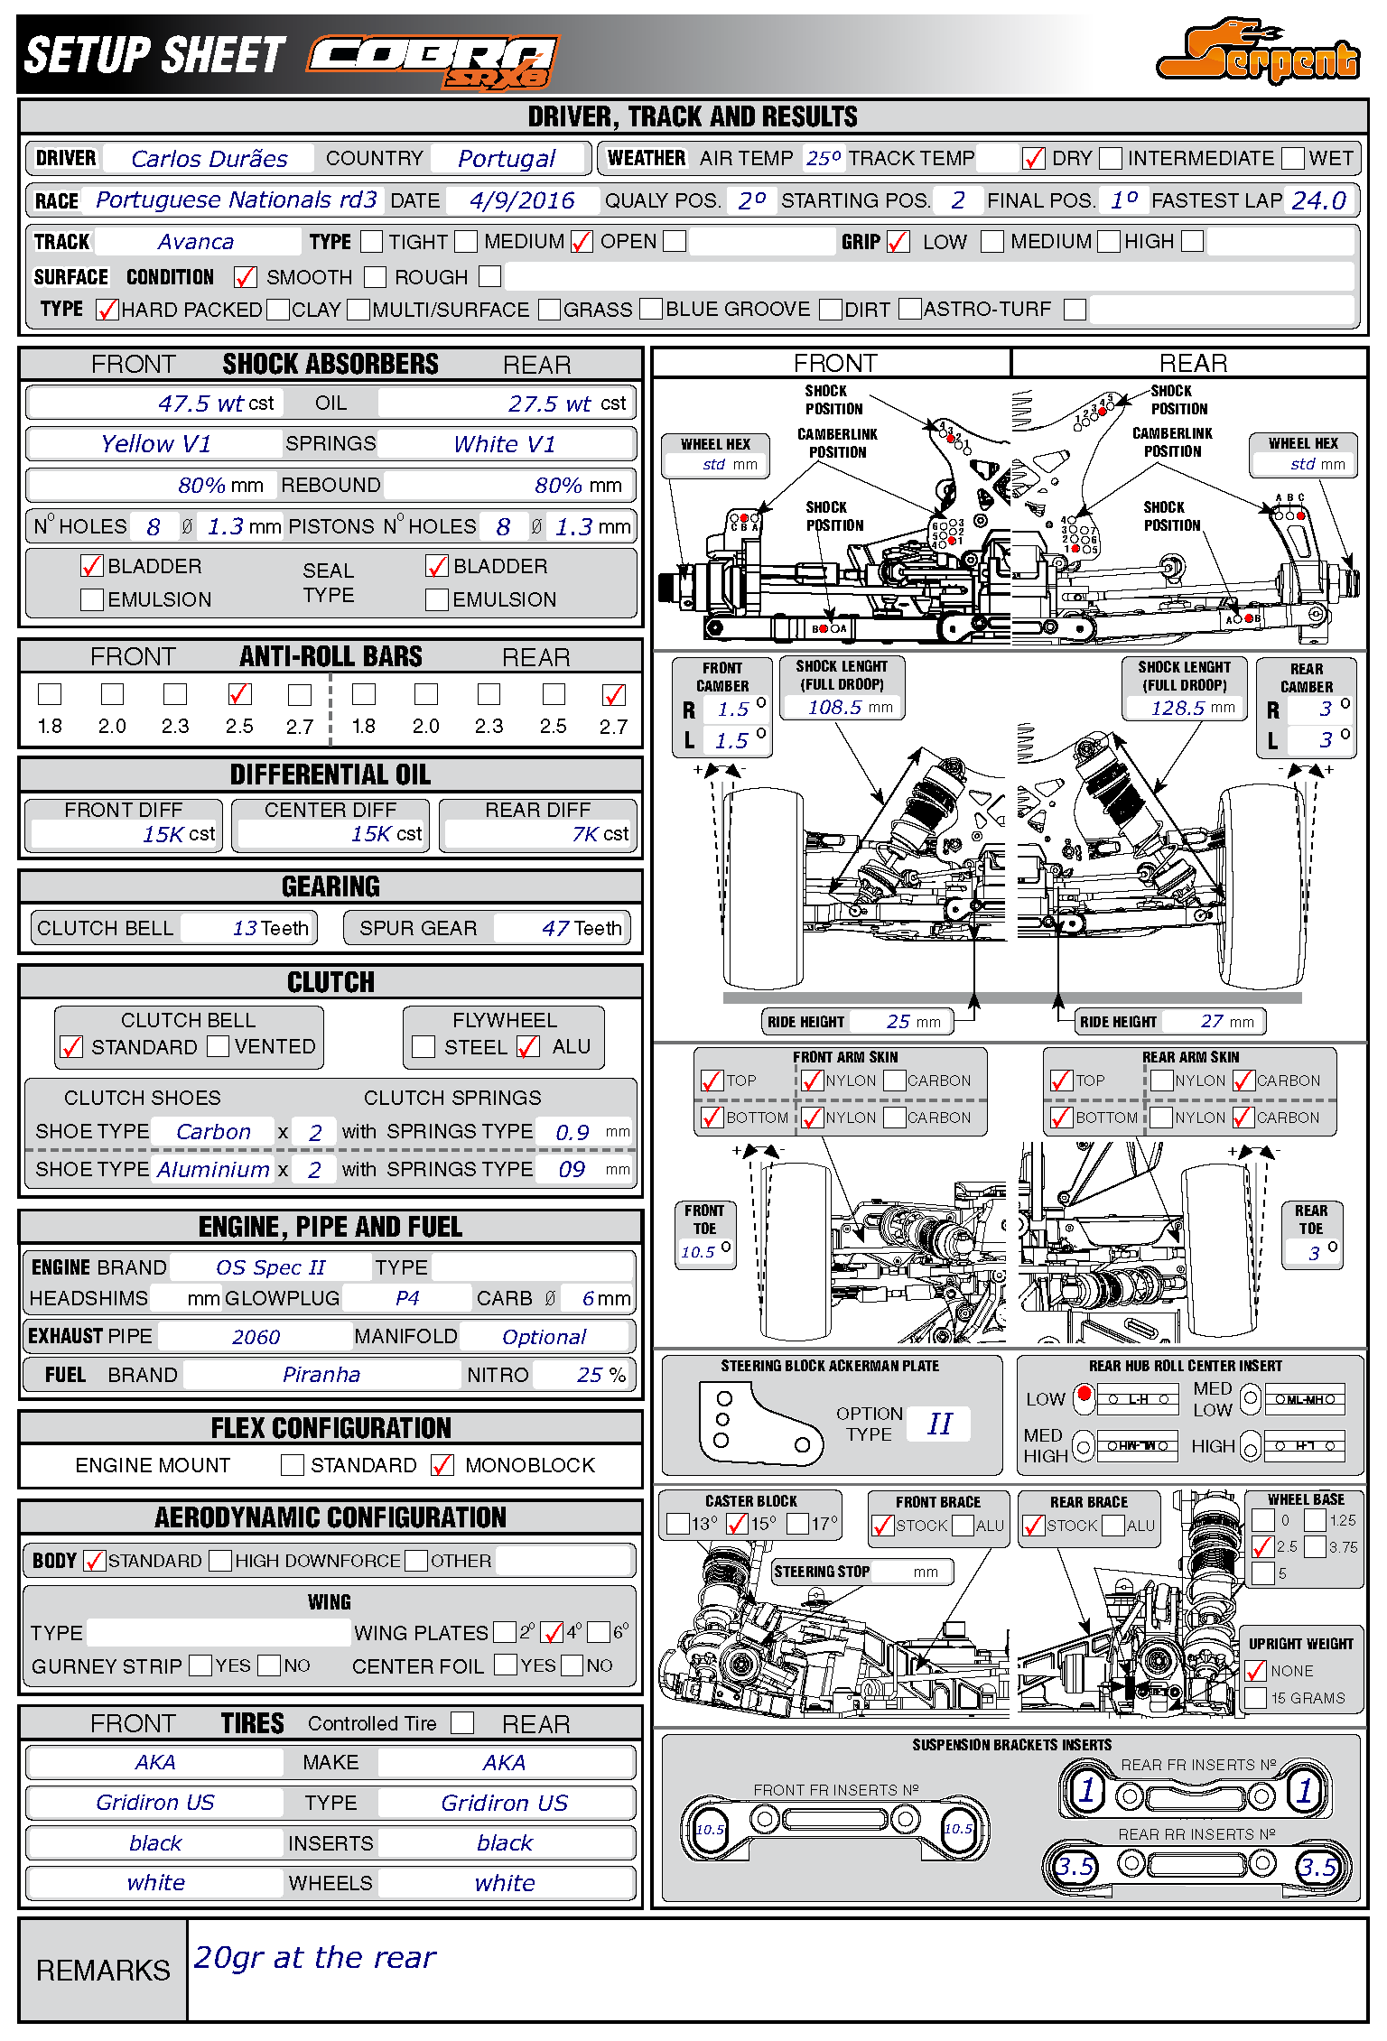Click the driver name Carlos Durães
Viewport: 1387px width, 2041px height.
click(x=209, y=159)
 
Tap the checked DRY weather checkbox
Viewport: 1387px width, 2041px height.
click(x=1033, y=159)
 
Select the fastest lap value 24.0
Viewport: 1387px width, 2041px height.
click(x=1318, y=200)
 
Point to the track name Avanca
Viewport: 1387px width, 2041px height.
click(x=195, y=242)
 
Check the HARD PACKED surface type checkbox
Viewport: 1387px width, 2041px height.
click(x=107, y=310)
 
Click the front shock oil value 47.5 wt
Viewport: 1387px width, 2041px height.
click(x=200, y=404)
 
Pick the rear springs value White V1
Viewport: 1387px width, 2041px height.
click(x=504, y=444)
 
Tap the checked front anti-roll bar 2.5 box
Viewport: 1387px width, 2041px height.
click(x=239, y=694)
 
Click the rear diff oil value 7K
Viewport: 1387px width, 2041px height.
click(x=585, y=834)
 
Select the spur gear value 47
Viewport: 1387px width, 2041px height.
click(x=555, y=928)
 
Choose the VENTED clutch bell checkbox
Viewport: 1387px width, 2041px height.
click(x=218, y=1046)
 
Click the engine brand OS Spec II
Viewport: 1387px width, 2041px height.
click(x=270, y=1267)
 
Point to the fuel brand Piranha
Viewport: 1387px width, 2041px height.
click(x=321, y=1375)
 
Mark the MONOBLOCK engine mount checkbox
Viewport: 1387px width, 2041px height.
click(x=442, y=1465)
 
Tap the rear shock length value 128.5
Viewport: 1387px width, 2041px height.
click(x=1177, y=708)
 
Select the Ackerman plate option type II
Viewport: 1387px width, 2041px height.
click(x=939, y=1424)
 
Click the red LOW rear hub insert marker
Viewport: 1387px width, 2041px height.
click(x=1084, y=1396)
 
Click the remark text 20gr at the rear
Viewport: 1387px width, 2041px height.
click(x=314, y=1957)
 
